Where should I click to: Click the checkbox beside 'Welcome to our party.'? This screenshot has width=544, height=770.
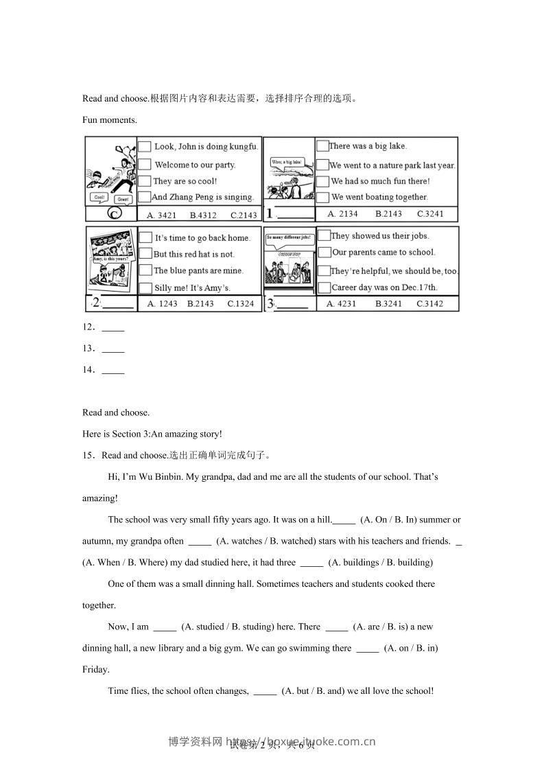(x=144, y=165)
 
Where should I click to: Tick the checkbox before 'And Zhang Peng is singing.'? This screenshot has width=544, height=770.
(x=144, y=197)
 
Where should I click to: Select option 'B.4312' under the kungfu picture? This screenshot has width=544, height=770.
(x=203, y=215)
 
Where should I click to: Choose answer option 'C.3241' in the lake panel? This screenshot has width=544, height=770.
(x=430, y=213)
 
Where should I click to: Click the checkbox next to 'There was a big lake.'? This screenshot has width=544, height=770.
(x=322, y=145)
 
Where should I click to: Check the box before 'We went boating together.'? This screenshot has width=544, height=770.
(x=322, y=197)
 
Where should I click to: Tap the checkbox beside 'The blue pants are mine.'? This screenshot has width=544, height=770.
(x=145, y=270)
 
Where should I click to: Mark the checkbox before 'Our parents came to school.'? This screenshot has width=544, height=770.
(x=324, y=252)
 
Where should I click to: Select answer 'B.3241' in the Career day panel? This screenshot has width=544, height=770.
(x=389, y=303)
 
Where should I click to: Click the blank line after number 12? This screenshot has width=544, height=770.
(x=113, y=327)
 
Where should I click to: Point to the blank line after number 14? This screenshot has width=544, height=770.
(x=113, y=370)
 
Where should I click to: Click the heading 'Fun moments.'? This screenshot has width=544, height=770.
(x=110, y=119)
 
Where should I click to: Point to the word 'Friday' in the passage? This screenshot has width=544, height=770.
(x=95, y=669)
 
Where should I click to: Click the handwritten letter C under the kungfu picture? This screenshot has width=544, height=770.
(x=115, y=213)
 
